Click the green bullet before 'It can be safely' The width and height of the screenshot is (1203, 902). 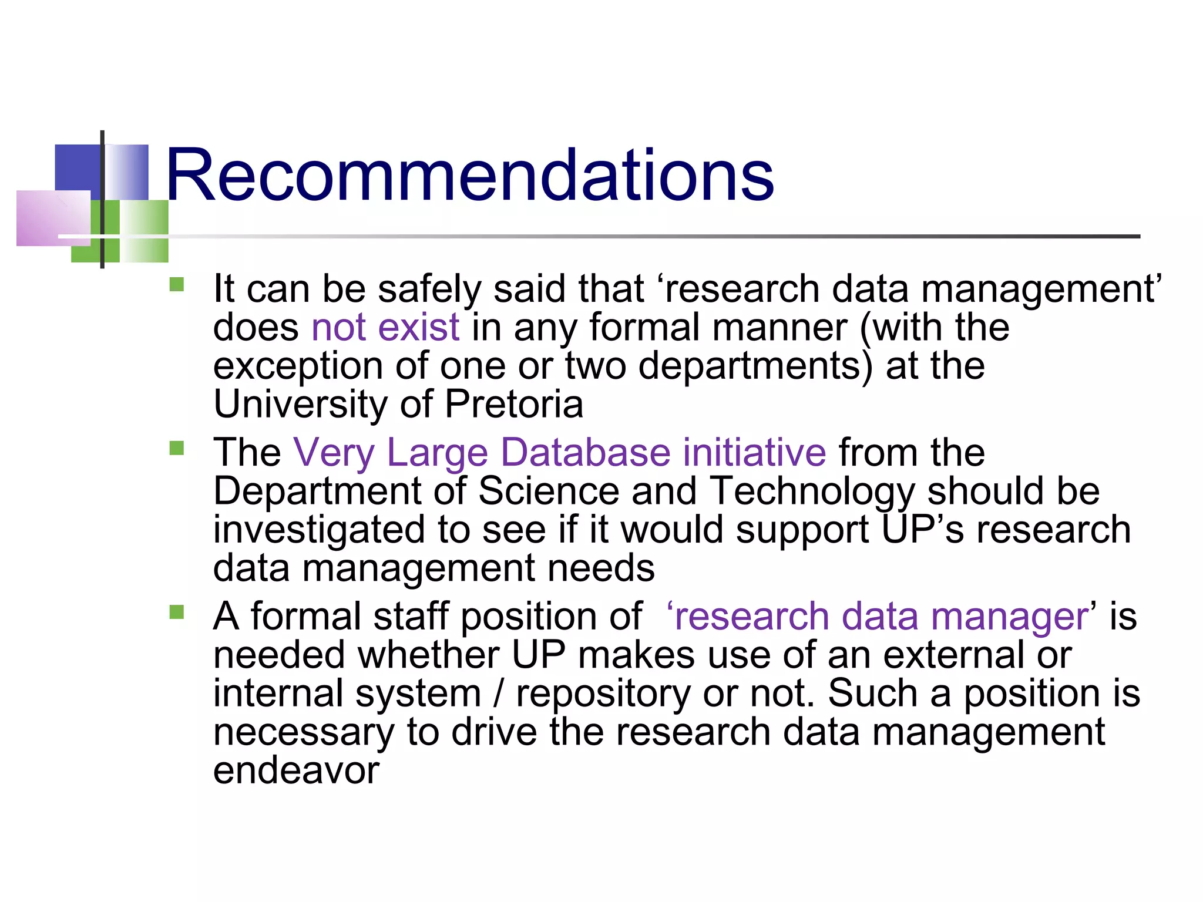click(176, 285)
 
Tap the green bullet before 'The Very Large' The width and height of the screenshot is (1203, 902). click(176, 449)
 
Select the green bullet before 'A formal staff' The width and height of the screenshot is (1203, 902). click(176, 612)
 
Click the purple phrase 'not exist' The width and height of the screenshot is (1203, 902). click(385, 327)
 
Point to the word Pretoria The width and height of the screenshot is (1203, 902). click(514, 405)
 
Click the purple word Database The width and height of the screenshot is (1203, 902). click(586, 452)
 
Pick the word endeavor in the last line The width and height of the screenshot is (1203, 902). click(296, 770)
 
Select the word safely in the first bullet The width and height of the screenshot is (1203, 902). click(429, 290)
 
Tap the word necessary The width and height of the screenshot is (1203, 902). click(304, 733)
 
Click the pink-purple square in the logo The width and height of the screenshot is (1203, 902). click(53, 218)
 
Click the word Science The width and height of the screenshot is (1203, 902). click(549, 492)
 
